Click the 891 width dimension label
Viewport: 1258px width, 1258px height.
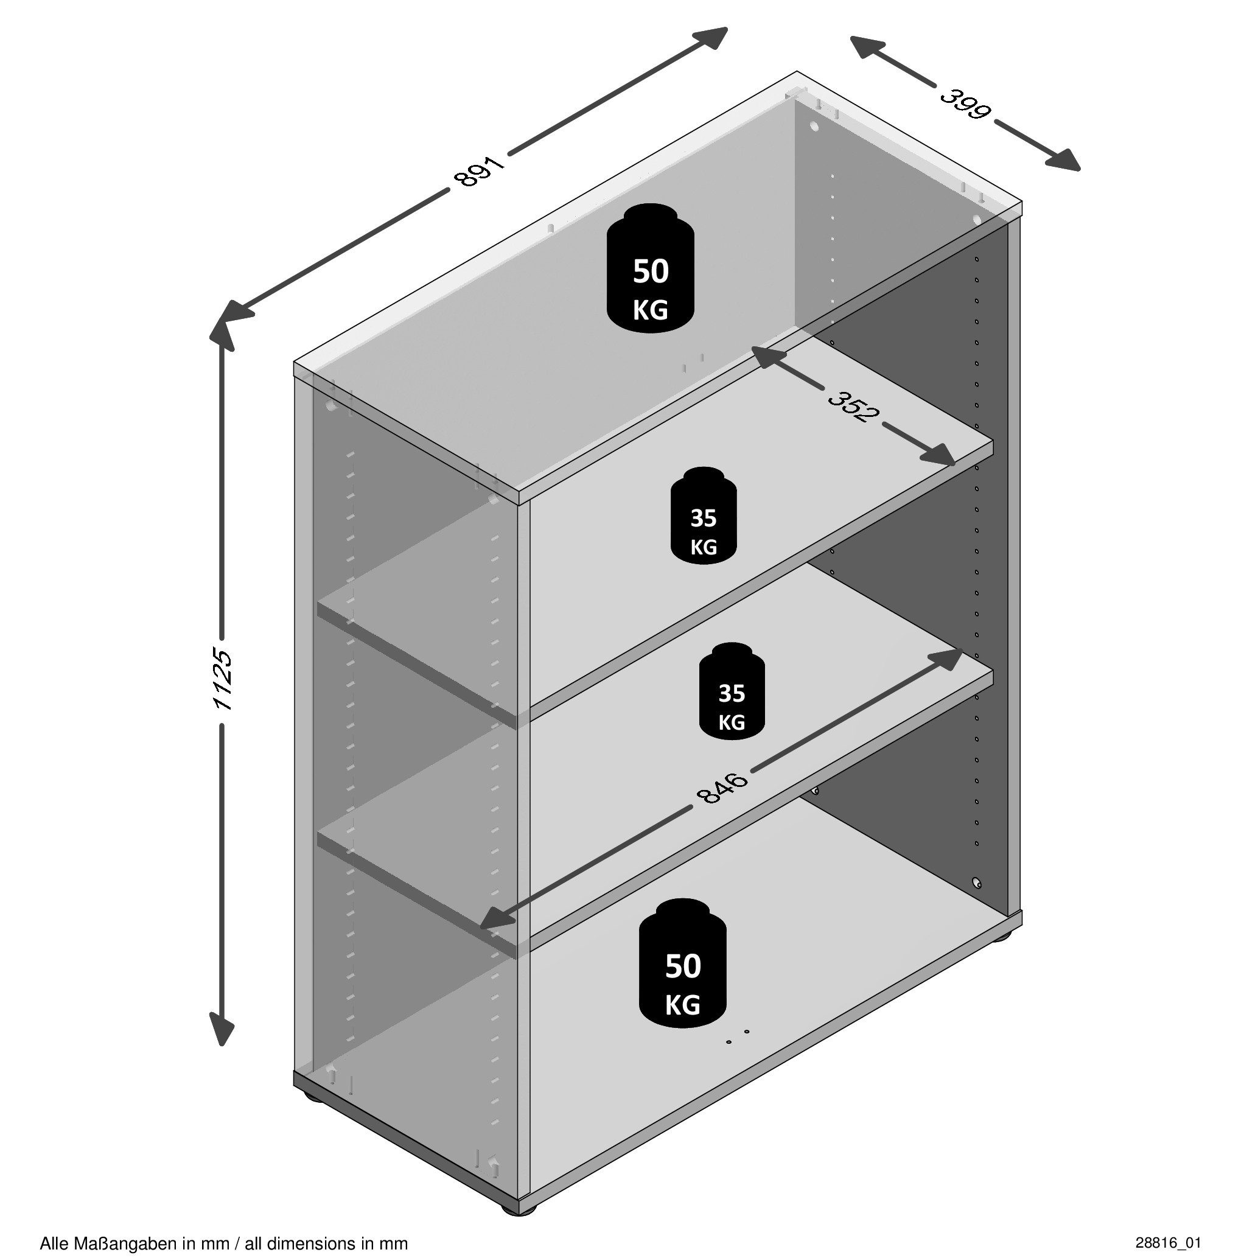click(482, 170)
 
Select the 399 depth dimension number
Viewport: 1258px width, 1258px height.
click(966, 104)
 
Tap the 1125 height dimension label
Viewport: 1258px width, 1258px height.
click(223, 679)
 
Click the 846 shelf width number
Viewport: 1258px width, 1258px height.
click(723, 789)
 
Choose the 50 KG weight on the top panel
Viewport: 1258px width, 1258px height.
click(651, 269)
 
